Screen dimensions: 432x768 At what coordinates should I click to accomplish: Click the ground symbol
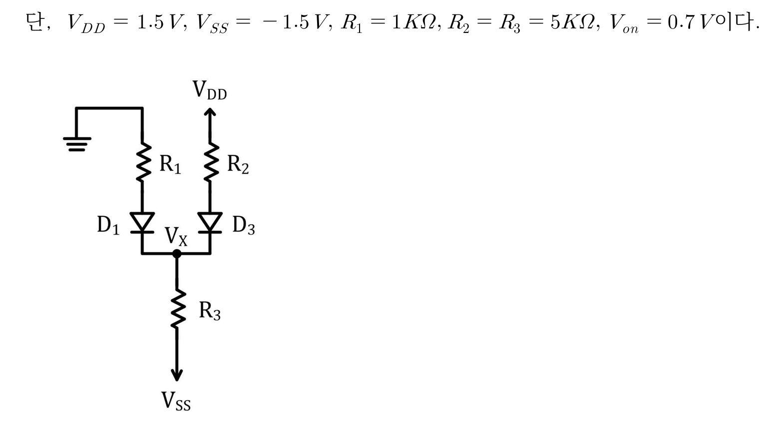(76, 143)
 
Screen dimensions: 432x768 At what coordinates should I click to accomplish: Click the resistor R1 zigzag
(143, 162)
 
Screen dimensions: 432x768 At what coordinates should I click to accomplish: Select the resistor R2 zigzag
(210, 162)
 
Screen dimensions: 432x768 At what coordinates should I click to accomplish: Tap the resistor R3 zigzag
(177, 309)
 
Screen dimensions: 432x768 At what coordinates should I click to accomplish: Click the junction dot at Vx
(177, 254)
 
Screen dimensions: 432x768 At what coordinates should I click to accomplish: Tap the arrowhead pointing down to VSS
(177, 375)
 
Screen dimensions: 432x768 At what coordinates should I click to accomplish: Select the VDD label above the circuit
(210, 90)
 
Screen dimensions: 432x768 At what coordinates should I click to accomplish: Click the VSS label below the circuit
(176, 401)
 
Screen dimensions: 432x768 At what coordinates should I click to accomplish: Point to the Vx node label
(176, 236)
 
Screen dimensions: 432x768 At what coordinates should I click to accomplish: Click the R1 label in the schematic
(170, 164)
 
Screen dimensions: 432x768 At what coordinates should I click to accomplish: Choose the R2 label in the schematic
(238, 164)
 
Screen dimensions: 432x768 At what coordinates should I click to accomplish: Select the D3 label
(244, 225)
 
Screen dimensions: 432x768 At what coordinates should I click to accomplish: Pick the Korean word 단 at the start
(35, 22)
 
